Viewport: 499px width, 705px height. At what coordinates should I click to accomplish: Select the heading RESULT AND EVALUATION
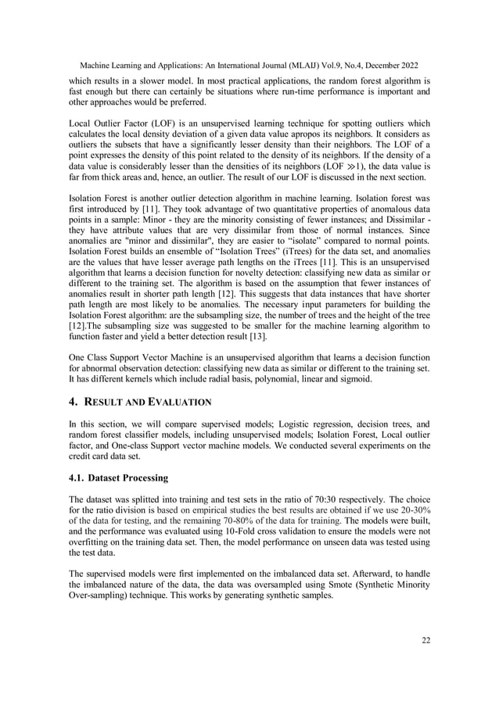coord(148,402)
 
